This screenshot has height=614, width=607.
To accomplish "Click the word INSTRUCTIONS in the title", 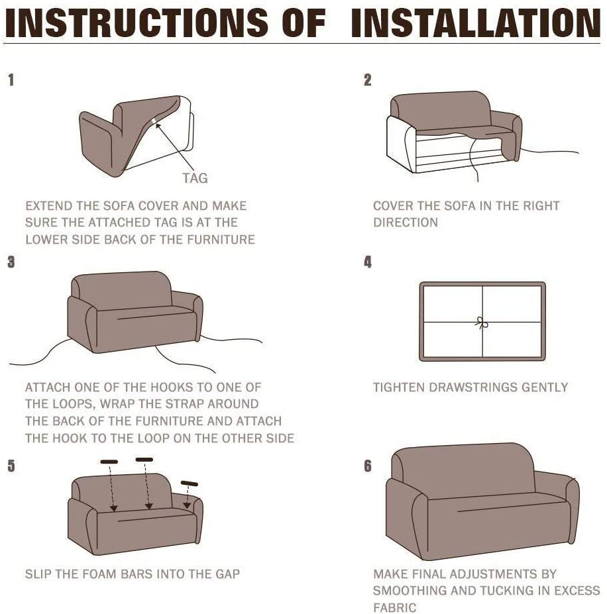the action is pyautogui.click(x=137, y=23).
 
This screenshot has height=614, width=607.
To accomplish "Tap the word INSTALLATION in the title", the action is pyautogui.click(x=476, y=23).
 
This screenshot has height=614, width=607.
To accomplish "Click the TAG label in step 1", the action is pyautogui.click(x=195, y=179).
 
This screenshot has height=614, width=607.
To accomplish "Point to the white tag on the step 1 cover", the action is pyautogui.click(x=154, y=121).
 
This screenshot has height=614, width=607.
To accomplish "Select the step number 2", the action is pyautogui.click(x=367, y=80).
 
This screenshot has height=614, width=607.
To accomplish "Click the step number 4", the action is pyautogui.click(x=368, y=262).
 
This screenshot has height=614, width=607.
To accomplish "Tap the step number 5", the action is pyautogui.click(x=11, y=466).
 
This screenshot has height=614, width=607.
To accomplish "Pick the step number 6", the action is pyautogui.click(x=368, y=466).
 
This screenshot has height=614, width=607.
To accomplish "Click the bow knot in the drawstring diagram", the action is pyautogui.click(x=482, y=323).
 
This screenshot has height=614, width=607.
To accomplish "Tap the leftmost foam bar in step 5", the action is pyautogui.click(x=109, y=462).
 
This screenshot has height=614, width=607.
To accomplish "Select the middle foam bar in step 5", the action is pyautogui.click(x=144, y=459).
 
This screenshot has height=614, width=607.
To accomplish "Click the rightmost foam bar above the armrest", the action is pyautogui.click(x=190, y=484).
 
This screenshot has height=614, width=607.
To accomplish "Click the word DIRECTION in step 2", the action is pyautogui.click(x=406, y=223).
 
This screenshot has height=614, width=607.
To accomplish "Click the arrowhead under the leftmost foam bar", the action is pyautogui.click(x=113, y=508).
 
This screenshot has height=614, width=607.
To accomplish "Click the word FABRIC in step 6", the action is pyautogui.click(x=395, y=608).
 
